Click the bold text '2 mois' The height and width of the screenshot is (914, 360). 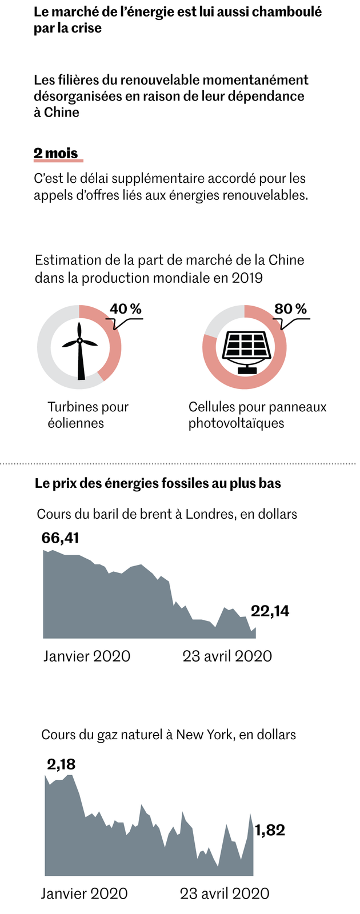(55, 153)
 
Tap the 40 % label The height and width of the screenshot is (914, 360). (125, 309)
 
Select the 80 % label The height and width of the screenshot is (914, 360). (290, 309)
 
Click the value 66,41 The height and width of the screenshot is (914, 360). (60, 538)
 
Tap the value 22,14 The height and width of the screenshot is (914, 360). (270, 611)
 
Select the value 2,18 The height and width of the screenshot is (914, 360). (61, 764)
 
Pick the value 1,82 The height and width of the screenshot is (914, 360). (270, 830)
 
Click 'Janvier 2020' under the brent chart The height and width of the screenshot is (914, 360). (87, 656)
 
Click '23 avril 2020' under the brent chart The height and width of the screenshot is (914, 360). (227, 656)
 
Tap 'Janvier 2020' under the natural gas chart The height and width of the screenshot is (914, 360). (84, 893)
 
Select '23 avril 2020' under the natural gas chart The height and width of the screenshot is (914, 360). (224, 893)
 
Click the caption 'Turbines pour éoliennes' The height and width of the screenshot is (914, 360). (88, 415)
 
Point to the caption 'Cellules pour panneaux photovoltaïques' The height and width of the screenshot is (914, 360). (257, 415)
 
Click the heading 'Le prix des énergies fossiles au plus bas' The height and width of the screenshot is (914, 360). (158, 483)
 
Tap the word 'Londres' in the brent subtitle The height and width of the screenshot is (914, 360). (213, 514)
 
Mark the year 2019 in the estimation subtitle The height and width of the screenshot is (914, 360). (247, 278)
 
